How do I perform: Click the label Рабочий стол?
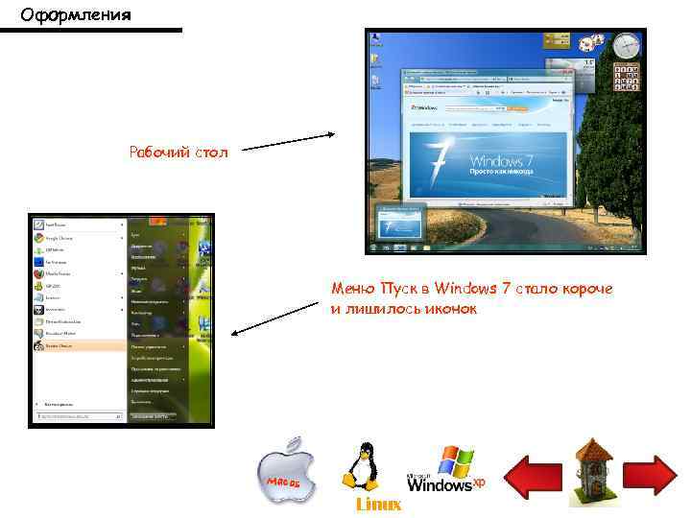(179, 152)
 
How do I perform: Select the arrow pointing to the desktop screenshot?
(287, 142)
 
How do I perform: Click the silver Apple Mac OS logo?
(284, 472)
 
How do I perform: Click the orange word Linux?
(378, 505)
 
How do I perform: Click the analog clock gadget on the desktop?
(626, 44)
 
